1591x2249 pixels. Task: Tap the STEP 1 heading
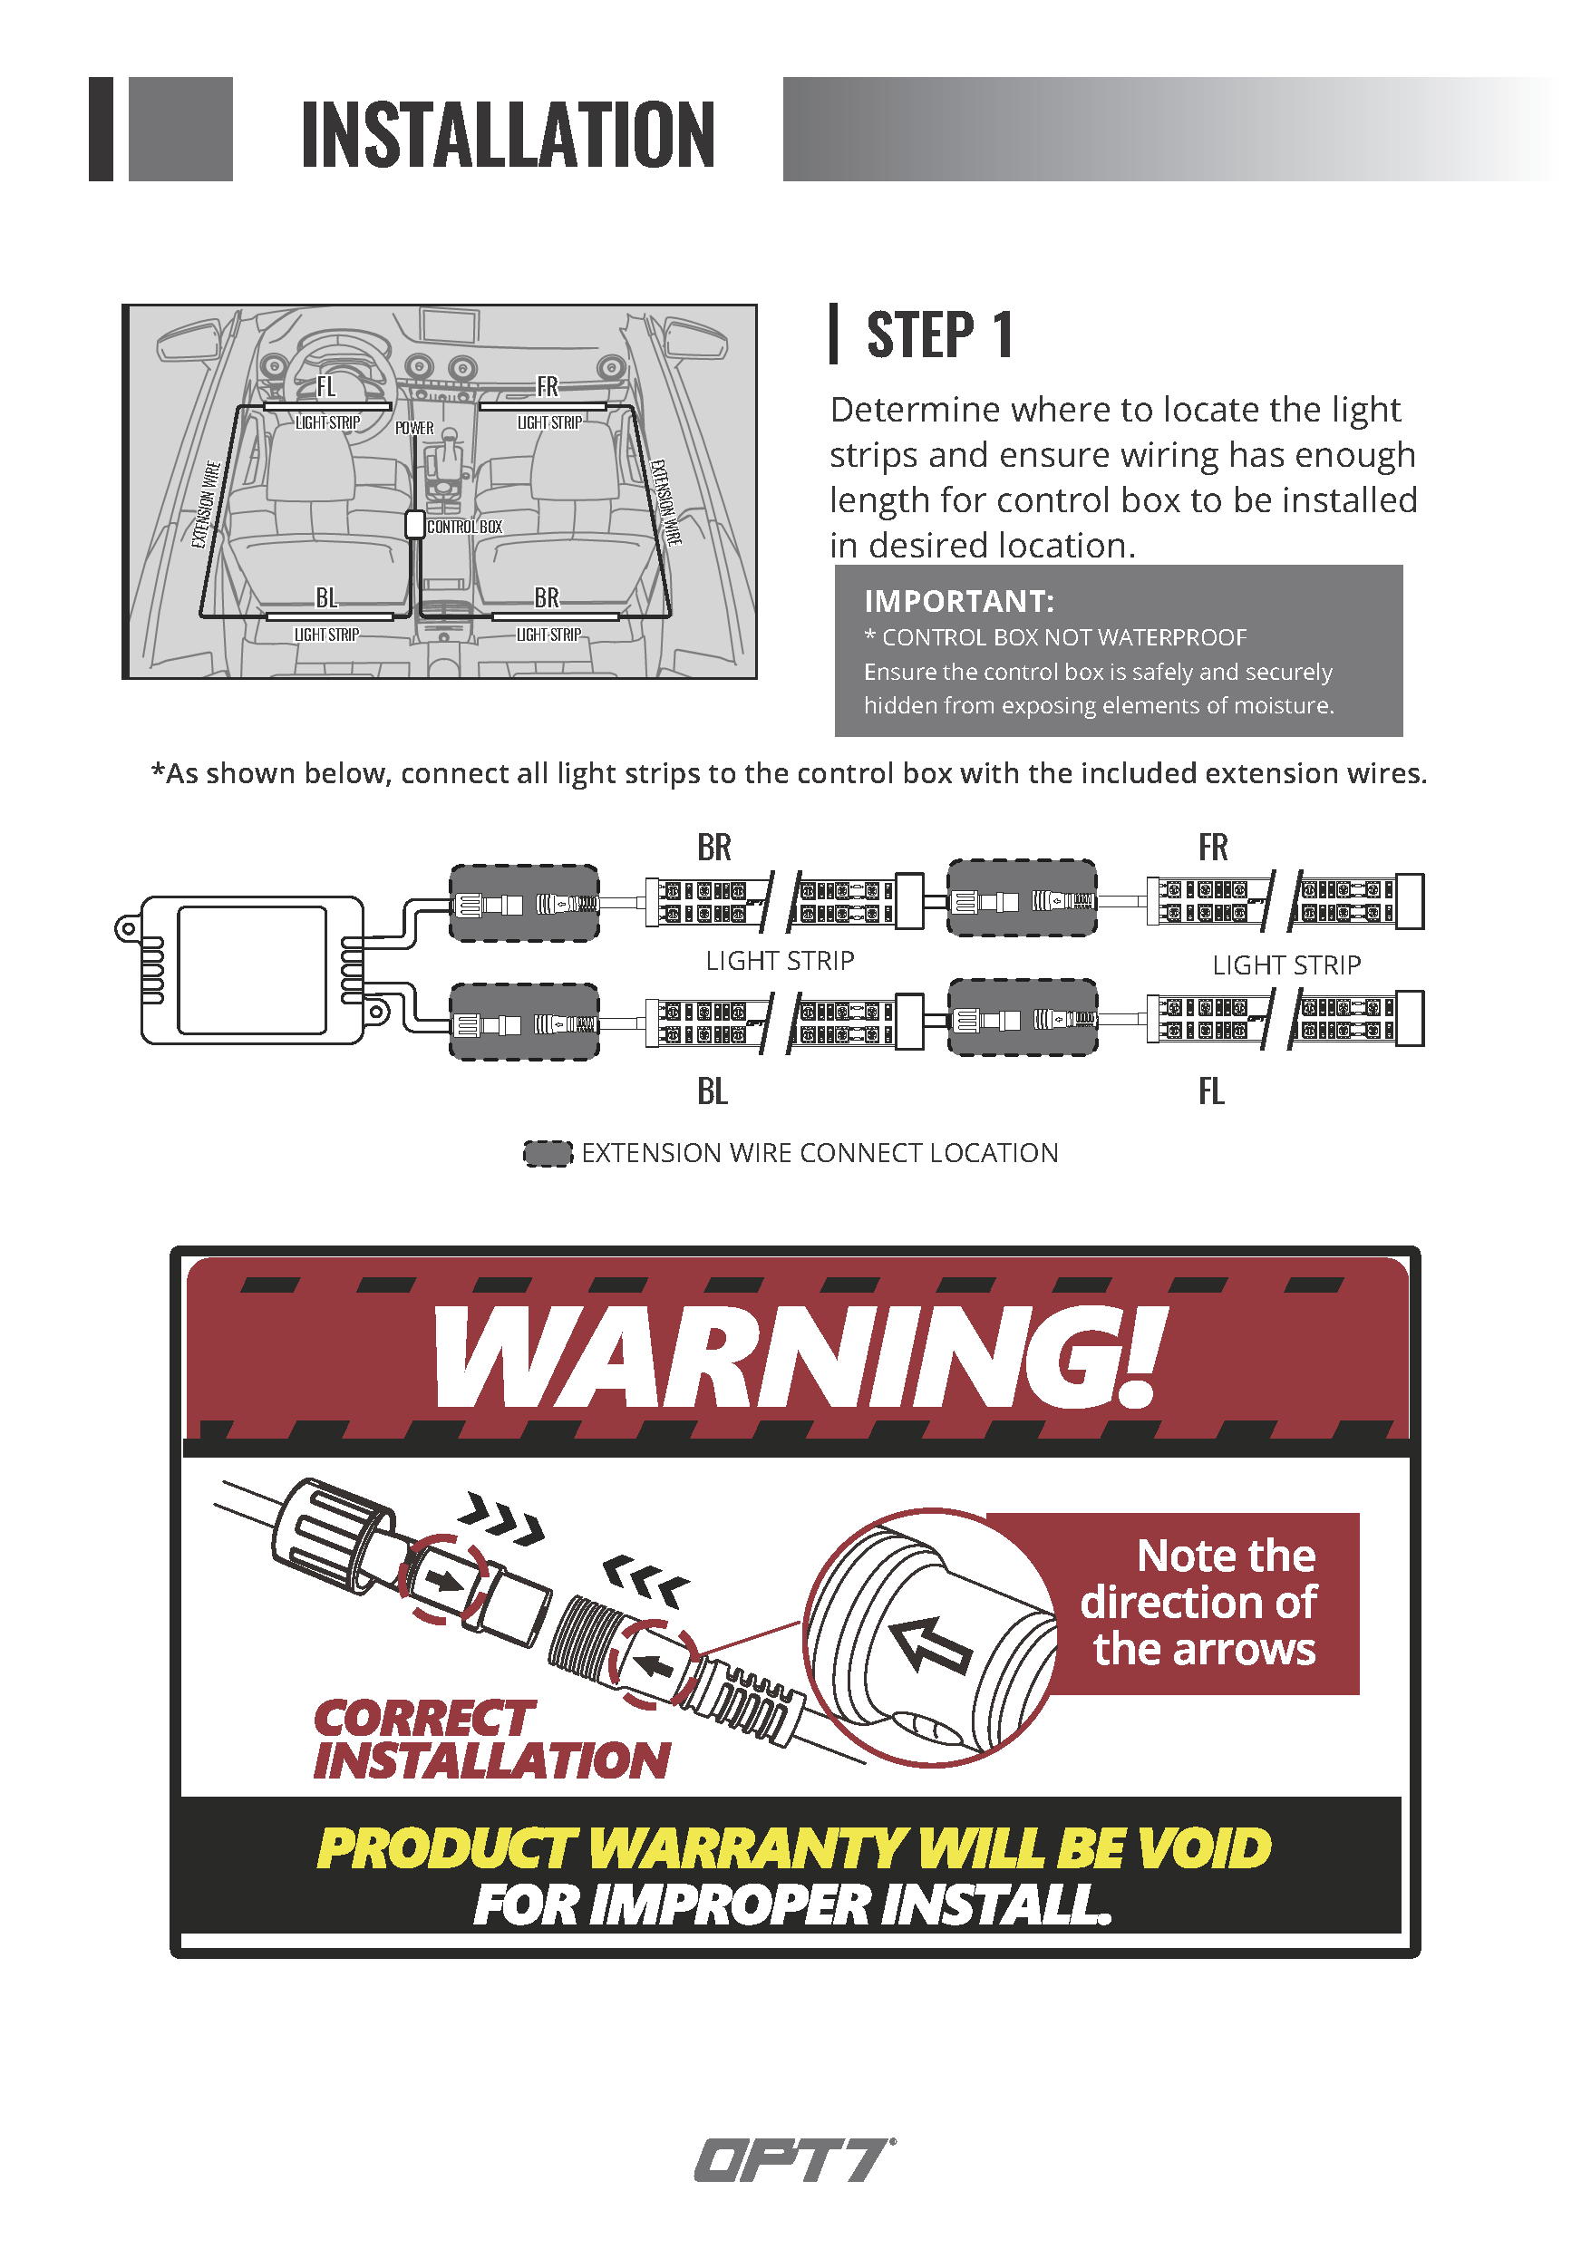(x=939, y=335)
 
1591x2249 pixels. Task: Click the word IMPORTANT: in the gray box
(x=959, y=600)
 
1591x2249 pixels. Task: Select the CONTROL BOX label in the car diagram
(x=464, y=527)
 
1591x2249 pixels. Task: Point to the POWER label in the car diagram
(x=414, y=428)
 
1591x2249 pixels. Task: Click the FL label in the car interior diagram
(x=326, y=387)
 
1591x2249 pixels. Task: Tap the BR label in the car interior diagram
(x=547, y=597)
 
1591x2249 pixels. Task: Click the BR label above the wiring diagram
(x=714, y=848)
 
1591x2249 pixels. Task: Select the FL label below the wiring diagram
(x=1212, y=1091)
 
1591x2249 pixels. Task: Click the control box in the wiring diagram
(x=251, y=970)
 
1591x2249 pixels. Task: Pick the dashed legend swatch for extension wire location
(x=548, y=1153)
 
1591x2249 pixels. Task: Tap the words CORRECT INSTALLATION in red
(x=491, y=1740)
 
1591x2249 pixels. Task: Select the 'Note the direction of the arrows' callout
(x=1200, y=1603)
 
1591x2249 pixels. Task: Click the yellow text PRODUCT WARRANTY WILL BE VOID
(x=794, y=1848)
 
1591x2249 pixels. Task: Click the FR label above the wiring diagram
(x=1213, y=848)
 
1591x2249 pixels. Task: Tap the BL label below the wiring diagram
(x=713, y=1091)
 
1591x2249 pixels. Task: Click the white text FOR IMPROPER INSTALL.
(x=792, y=1905)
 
